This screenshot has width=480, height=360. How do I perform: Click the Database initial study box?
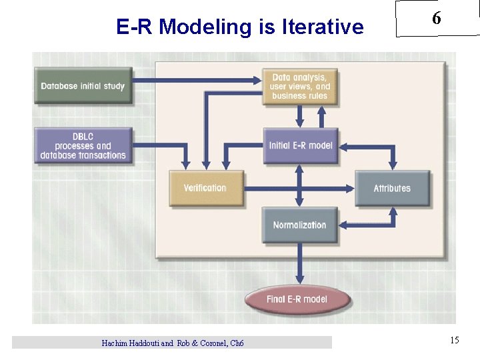pyautogui.click(x=83, y=86)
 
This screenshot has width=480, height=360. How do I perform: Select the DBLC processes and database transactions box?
pyautogui.click(x=83, y=146)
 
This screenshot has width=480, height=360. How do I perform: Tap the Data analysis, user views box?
pyautogui.click(x=300, y=87)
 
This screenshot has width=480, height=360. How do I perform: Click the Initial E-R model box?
pyautogui.click(x=300, y=145)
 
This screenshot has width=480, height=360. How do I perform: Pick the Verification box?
pyautogui.click(x=205, y=188)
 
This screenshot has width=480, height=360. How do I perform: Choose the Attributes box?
pyautogui.click(x=392, y=188)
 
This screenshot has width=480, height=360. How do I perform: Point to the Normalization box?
pyautogui.click(x=300, y=225)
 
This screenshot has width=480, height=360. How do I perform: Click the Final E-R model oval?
pyautogui.click(x=297, y=299)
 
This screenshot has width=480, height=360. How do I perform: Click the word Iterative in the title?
pyautogui.click(x=323, y=27)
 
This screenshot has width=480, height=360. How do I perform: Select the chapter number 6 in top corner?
pyautogui.click(x=436, y=19)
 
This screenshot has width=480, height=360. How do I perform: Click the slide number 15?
pyautogui.click(x=454, y=341)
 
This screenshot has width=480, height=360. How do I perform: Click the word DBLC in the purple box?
pyautogui.click(x=83, y=137)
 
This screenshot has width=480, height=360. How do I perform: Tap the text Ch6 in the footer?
pyautogui.click(x=237, y=343)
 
